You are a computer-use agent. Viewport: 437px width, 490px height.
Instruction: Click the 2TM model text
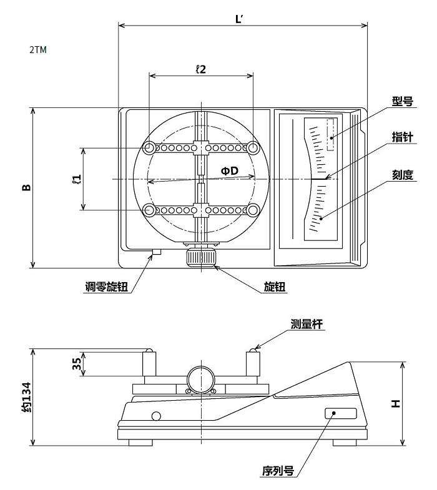(37, 50)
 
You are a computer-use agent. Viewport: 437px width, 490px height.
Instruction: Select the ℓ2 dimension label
(200, 69)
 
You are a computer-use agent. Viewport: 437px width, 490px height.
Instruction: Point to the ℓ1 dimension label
(77, 180)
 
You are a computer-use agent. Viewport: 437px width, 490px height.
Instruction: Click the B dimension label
(26, 187)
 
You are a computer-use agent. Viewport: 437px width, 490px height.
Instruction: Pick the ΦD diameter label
(230, 170)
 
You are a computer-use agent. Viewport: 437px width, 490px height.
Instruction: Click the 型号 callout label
(402, 100)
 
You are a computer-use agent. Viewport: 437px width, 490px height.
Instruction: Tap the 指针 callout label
(402, 137)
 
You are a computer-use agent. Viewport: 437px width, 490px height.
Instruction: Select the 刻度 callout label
(402, 175)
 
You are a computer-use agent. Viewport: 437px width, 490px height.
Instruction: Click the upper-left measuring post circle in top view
(150, 148)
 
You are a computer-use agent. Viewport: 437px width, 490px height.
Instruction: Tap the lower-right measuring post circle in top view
(253, 210)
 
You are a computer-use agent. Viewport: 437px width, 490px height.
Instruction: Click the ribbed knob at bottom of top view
(201, 257)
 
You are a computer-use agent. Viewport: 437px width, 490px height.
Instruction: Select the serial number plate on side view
(340, 413)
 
